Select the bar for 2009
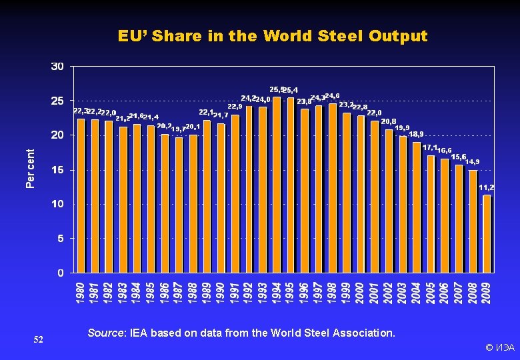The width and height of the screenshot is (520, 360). click(487, 233)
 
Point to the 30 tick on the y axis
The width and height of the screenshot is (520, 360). click(57, 66)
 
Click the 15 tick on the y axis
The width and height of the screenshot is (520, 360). click(57, 170)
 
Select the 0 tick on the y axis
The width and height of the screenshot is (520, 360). click(61, 273)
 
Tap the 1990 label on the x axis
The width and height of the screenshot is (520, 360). click(221, 293)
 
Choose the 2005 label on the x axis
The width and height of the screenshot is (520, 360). click(431, 293)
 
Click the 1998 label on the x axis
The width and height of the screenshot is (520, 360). click(333, 293)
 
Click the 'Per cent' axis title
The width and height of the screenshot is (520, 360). click(31, 168)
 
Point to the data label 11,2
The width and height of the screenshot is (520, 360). click(487, 187)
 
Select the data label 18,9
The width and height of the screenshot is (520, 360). click(416, 134)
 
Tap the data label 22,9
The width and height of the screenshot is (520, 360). click(235, 106)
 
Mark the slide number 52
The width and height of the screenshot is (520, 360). click(39, 340)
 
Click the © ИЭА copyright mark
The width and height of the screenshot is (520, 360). click(499, 347)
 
